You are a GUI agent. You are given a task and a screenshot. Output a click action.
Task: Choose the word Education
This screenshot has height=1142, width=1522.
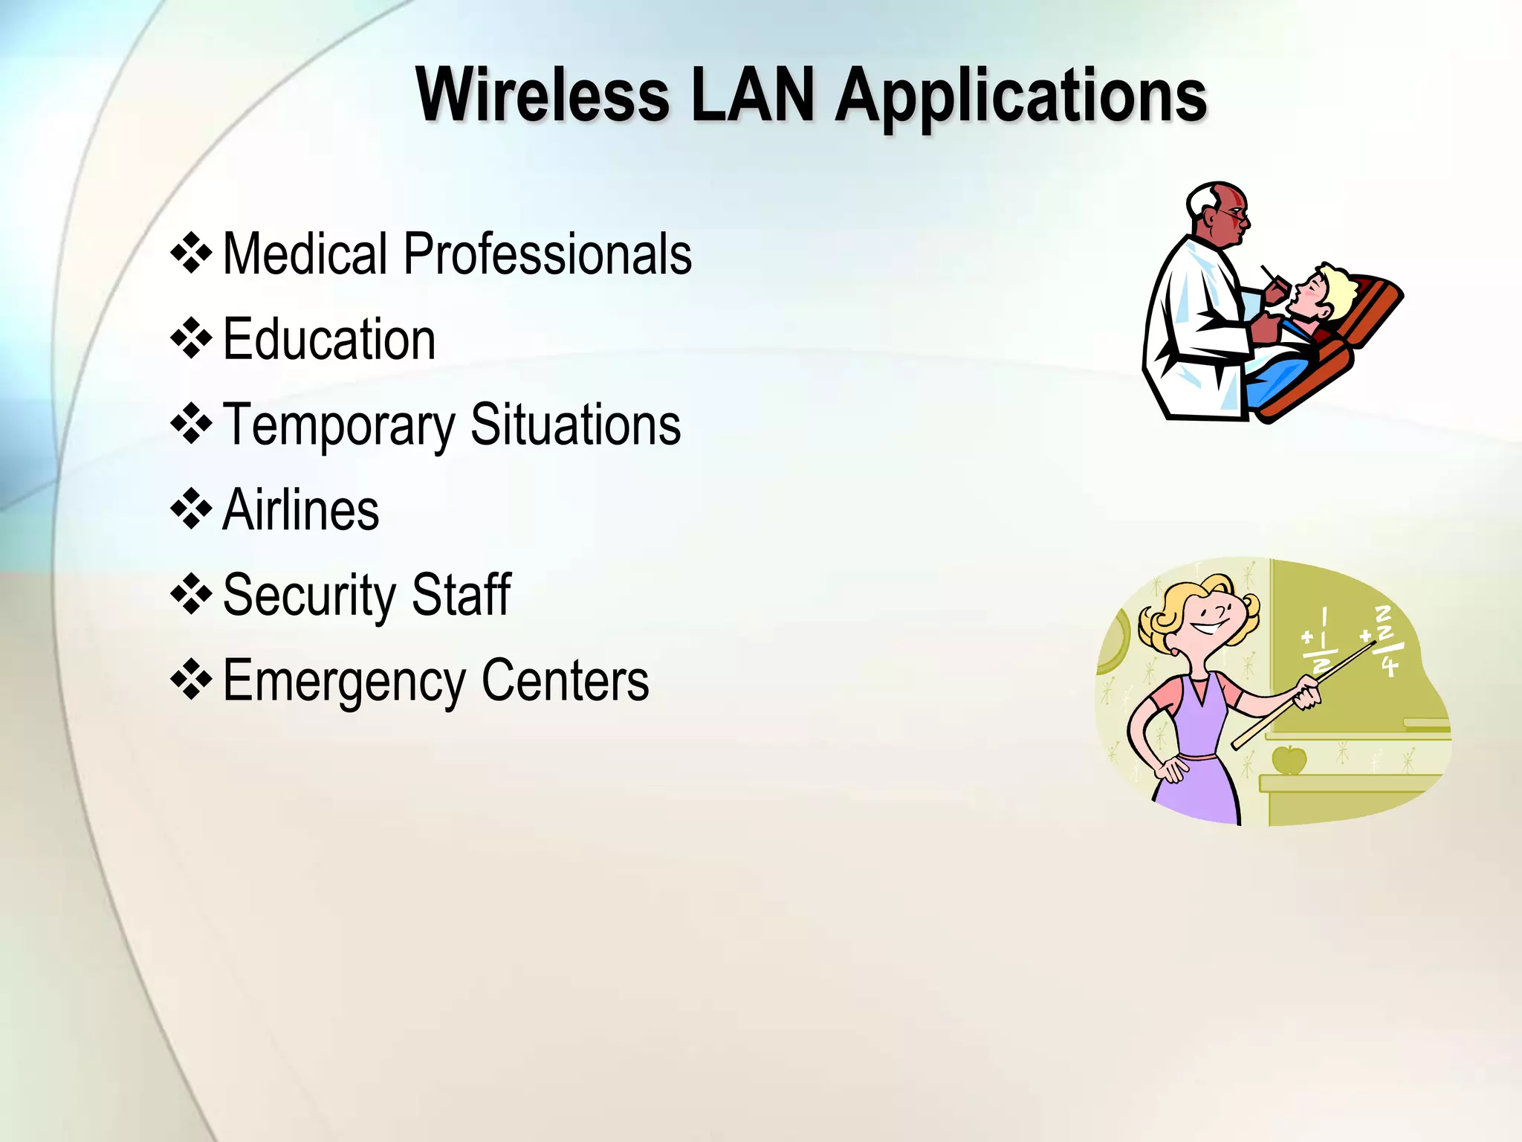(329, 339)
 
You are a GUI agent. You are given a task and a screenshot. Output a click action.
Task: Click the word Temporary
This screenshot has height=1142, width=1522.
(339, 426)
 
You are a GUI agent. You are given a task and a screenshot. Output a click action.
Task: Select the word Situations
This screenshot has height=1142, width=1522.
(575, 425)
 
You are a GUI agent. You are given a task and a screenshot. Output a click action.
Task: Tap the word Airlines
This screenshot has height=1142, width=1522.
(301, 510)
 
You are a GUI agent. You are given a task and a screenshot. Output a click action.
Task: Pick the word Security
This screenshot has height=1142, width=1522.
(309, 596)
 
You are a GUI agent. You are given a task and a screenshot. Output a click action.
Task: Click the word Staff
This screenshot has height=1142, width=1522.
(461, 595)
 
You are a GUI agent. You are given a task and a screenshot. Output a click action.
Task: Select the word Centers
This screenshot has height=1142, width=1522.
(565, 680)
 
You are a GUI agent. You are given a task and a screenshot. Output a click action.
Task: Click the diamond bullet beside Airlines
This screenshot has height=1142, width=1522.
(192, 509)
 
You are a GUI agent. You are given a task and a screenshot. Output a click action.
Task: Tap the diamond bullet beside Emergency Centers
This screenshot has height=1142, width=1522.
(192, 680)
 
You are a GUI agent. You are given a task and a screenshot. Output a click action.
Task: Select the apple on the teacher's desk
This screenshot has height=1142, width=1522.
(1289, 760)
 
